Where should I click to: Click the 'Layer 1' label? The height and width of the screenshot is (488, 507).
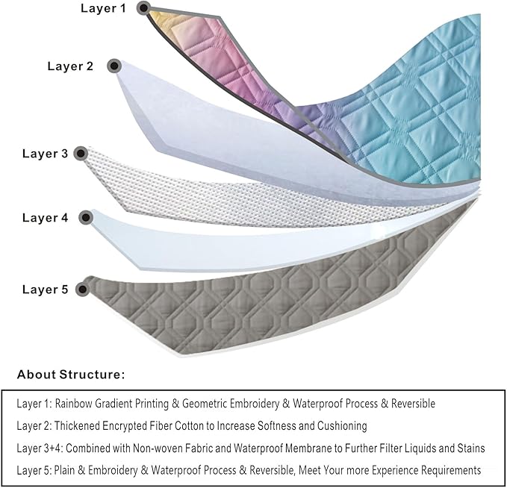[102, 9]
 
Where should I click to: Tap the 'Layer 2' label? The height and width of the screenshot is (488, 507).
[70, 66]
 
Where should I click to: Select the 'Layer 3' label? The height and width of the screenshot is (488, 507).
[45, 154]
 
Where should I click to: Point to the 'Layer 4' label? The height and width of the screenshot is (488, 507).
[45, 218]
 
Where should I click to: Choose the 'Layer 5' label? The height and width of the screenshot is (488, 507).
[45, 289]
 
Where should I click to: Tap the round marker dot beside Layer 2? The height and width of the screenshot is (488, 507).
[114, 66]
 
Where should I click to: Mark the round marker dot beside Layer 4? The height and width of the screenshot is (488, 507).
[87, 218]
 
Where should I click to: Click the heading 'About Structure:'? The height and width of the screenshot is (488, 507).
[71, 374]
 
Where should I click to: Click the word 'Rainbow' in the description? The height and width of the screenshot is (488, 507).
[72, 404]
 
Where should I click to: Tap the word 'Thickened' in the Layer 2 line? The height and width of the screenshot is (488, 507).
[76, 426]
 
